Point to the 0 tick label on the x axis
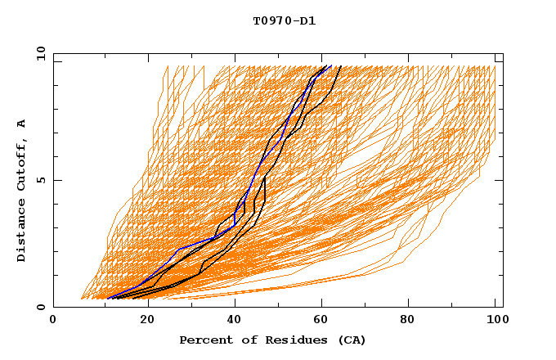click(53, 321)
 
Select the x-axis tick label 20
click(141, 321)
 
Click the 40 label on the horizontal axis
click(231, 321)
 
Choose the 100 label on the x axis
click(495, 321)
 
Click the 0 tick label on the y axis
click(41, 308)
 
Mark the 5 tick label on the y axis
click(41, 180)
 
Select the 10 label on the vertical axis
click(38, 53)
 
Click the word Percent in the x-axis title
click(204, 340)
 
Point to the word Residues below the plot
click(292, 340)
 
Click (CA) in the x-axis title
click(351, 340)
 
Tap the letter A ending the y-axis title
click(22, 123)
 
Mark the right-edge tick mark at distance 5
click(500, 180)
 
